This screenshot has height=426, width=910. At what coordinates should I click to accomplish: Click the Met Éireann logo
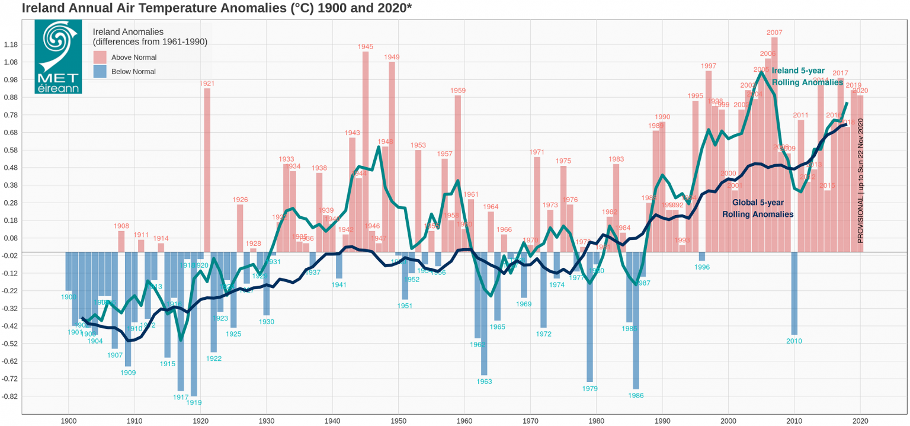[58, 57]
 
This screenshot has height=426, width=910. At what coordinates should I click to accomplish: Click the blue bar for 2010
[794, 293]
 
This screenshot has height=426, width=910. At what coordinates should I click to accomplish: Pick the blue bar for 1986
[636, 320]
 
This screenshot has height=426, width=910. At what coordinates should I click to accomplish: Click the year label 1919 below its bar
[194, 402]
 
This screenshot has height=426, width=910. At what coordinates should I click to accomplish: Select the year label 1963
[484, 382]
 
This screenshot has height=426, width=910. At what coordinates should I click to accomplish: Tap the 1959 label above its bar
[457, 91]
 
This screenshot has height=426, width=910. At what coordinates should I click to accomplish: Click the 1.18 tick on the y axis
[11, 45]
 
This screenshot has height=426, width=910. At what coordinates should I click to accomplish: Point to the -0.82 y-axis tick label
[10, 396]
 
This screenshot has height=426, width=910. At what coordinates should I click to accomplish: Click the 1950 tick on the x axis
[398, 420]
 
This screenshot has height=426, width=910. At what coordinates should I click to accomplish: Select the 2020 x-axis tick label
[860, 420]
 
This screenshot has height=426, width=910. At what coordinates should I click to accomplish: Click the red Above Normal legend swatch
[100, 57]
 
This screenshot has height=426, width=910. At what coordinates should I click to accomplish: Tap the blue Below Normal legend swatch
[100, 71]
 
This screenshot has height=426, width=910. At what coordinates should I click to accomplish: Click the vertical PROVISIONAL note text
[861, 181]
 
